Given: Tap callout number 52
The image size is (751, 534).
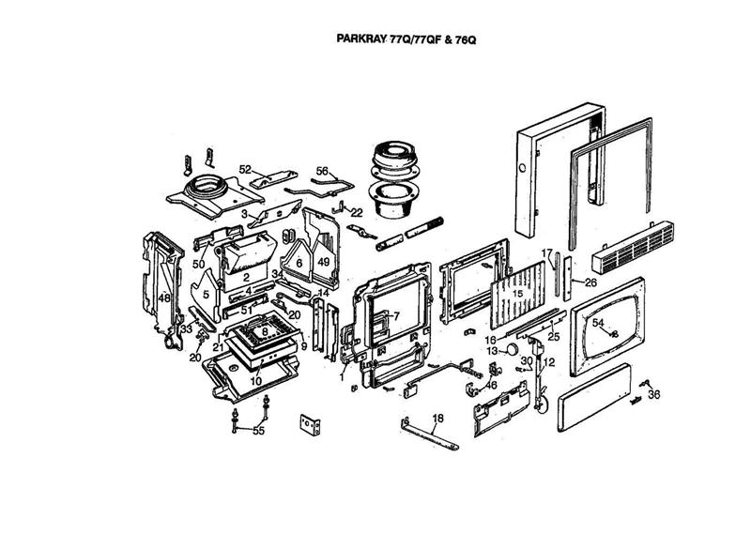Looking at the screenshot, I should click(245, 169).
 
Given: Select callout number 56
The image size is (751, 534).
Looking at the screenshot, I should click(322, 171).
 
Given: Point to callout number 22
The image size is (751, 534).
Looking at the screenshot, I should click(357, 212).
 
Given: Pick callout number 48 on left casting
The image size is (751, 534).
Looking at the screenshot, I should click(163, 298).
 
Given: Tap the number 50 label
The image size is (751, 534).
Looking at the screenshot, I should click(199, 265).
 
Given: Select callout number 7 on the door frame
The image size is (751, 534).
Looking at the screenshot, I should click(396, 315).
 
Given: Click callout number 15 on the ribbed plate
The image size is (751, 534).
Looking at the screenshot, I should click(516, 293).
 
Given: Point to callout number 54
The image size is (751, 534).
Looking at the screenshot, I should click(597, 322).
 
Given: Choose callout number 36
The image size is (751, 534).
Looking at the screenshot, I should click(654, 394).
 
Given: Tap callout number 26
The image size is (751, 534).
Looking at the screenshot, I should click(590, 282).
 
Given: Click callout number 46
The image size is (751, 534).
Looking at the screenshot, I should click(491, 385).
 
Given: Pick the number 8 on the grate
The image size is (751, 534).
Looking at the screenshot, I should click(266, 331).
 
